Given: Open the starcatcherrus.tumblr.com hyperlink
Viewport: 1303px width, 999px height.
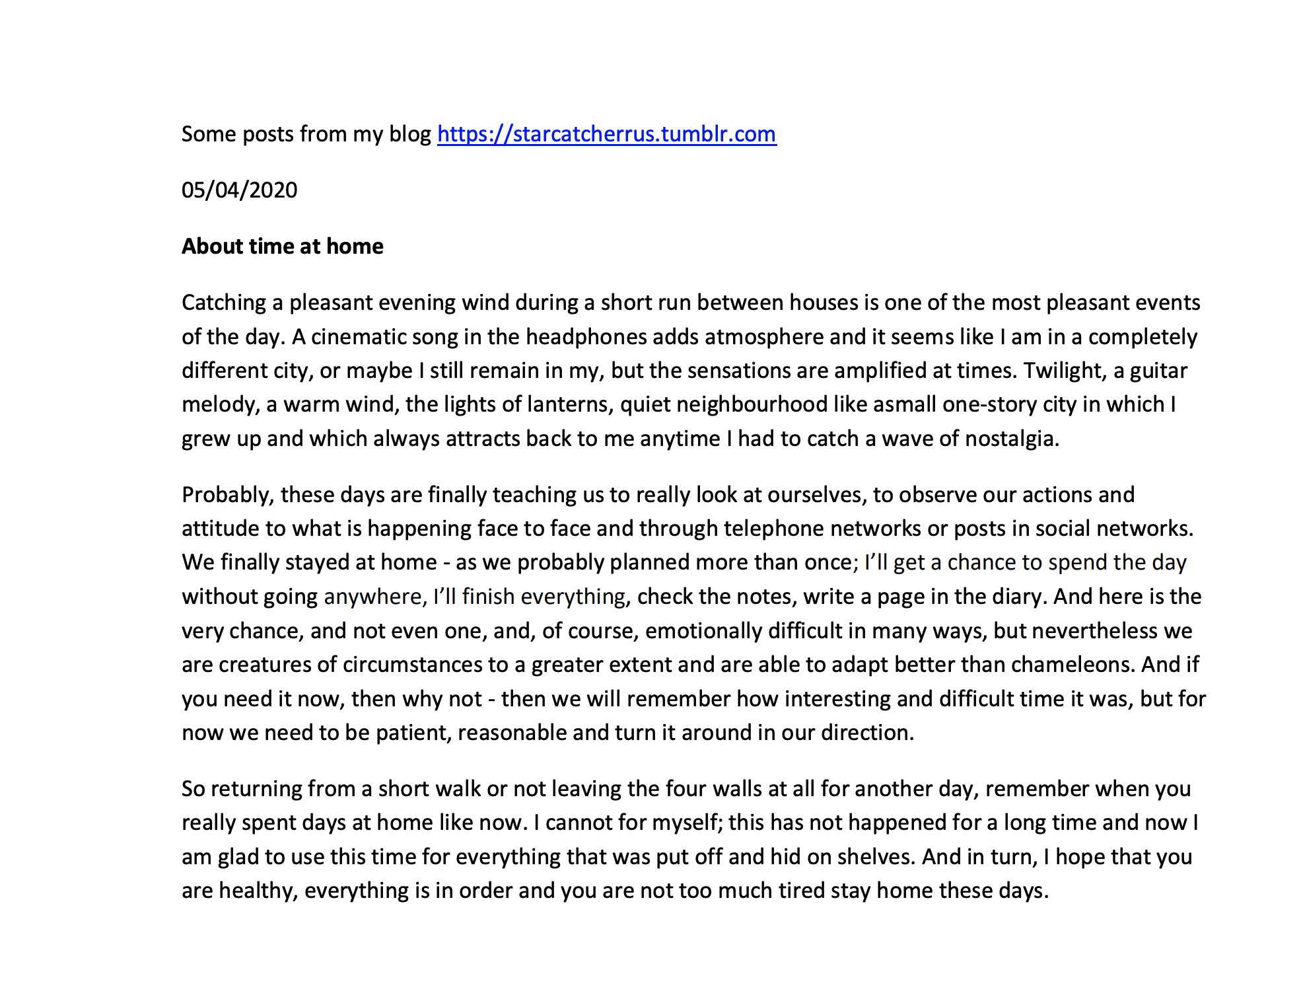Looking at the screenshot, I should pos(606,134).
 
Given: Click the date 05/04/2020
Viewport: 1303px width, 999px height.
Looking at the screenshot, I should pos(239,190).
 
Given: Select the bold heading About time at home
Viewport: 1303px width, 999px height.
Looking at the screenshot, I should pos(282,246).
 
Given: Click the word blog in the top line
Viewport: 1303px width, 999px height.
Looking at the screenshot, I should pos(409,134).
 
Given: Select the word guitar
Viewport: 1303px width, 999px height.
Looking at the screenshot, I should pos(1158,371).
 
